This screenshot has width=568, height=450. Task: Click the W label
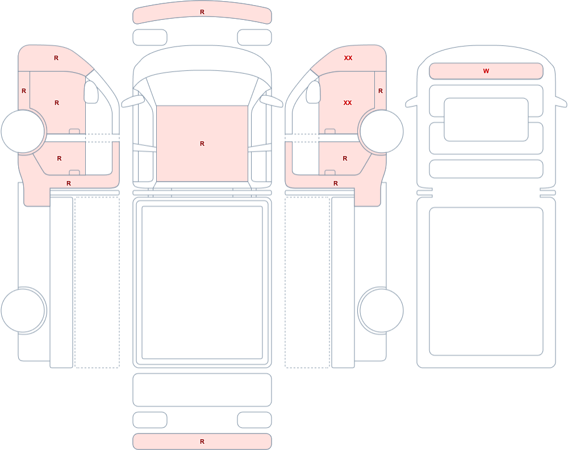486,71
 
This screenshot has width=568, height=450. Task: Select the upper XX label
348,58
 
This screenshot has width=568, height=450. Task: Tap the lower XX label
348,103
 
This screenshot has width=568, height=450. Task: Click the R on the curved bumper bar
202,12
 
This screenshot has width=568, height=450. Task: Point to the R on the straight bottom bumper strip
202,441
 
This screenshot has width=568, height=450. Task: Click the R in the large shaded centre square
202,144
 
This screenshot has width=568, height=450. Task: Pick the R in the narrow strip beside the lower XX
381,91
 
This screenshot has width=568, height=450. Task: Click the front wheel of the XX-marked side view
381,132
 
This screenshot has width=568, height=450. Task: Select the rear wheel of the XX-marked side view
381,310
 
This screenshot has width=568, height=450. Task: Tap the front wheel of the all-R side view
23,132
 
